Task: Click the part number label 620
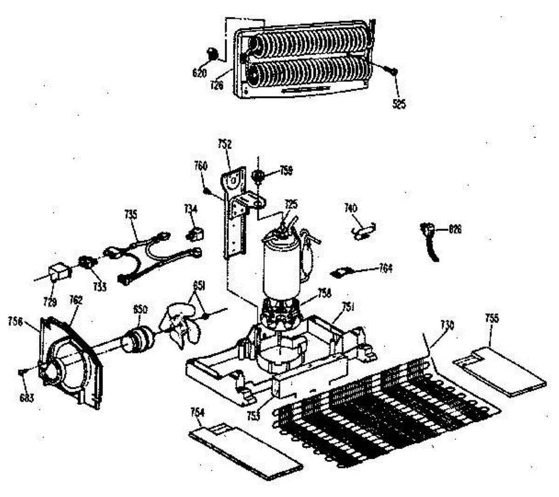[200, 73]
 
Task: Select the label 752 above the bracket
[225, 145]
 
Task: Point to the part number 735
[131, 214]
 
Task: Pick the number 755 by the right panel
[491, 318]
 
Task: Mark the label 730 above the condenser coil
[447, 325]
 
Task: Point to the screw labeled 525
[391, 70]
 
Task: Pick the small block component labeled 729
[59, 271]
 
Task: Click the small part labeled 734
[193, 233]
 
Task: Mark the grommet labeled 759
[258, 176]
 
